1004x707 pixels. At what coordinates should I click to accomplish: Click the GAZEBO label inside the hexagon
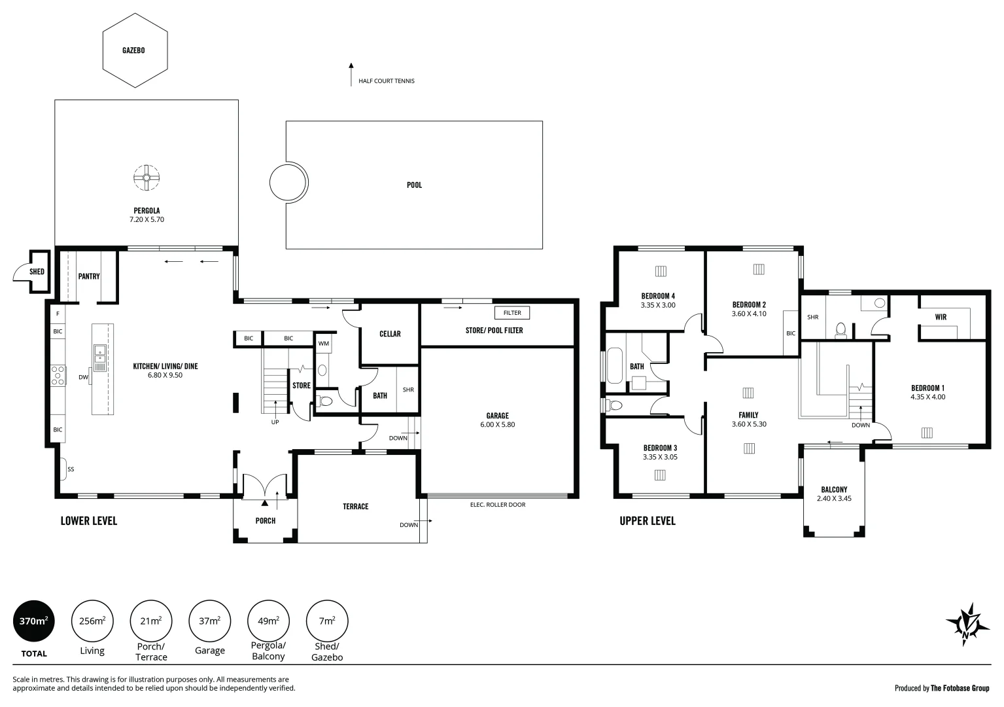coord(133,50)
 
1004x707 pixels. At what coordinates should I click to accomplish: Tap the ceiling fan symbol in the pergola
coord(147,177)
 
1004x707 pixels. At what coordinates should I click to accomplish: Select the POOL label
coord(414,185)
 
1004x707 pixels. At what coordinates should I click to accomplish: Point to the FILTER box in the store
coord(512,313)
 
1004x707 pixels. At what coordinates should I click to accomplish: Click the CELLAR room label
coord(390,334)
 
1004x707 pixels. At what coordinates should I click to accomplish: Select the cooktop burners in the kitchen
coord(58,375)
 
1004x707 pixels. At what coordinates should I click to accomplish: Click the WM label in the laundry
coord(323,344)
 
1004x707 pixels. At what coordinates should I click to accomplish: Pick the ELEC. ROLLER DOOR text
coord(497,505)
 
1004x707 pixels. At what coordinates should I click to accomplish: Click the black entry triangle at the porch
coord(265,503)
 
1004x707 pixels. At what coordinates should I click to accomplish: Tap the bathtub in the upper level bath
coord(615,365)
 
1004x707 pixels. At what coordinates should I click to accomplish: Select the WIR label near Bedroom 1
coord(941,317)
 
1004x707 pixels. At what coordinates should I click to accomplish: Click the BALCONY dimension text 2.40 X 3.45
coord(834,498)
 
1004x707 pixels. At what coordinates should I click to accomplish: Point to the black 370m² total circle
coord(34,621)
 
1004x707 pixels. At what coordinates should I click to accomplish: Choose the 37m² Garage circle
coord(209,621)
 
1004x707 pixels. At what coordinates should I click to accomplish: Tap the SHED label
coord(37,272)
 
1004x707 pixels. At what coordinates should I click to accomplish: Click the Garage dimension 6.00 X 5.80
coord(497,425)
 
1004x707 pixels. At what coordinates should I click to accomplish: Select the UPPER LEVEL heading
coord(647,521)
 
